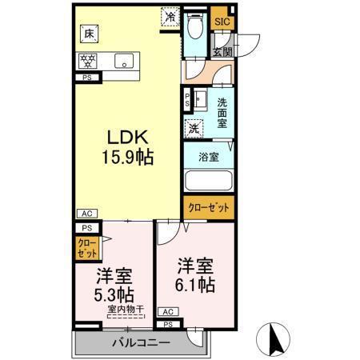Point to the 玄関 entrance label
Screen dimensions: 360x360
(x=222, y=51)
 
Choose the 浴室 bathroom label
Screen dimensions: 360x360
(x=209, y=157)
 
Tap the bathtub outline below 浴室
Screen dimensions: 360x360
(x=207, y=182)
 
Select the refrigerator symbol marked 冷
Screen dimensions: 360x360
(x=170, y=14)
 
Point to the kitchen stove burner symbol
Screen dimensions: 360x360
(x=87, y=60)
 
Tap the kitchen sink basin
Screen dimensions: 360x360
(x=124, y=61)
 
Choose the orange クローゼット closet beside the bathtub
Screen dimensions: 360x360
(x=209, y=206)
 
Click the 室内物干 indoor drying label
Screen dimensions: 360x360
(x=127, y=309)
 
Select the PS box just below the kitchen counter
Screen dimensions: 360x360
(x=86, y=78)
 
